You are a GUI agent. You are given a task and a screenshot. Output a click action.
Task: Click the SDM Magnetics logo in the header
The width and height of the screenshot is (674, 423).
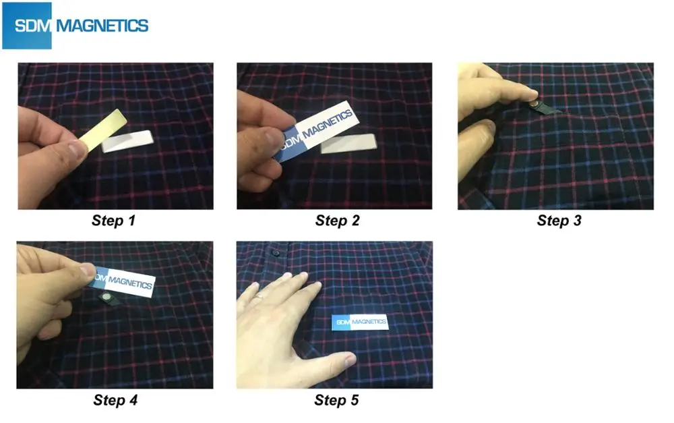75,26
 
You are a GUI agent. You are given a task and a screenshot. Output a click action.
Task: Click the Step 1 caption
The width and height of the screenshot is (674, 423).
113,221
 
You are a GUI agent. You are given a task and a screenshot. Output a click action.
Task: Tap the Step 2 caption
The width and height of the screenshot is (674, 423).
337,221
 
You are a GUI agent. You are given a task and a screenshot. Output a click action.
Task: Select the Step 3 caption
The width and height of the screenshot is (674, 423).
559,221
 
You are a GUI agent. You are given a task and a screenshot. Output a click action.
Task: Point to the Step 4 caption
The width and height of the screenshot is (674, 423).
115,400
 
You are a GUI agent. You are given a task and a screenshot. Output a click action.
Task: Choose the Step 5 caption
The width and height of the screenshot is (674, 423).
336,400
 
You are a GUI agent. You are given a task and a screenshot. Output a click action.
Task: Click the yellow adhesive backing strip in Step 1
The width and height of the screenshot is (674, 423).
103,129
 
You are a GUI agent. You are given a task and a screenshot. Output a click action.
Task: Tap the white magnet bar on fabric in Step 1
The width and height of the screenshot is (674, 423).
127,141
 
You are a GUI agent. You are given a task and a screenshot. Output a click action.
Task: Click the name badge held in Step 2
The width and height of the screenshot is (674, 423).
317,130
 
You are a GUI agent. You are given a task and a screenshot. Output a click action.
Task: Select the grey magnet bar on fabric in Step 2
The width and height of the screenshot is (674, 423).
348,143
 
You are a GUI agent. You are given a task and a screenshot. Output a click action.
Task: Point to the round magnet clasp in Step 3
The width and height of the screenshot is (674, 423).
534,105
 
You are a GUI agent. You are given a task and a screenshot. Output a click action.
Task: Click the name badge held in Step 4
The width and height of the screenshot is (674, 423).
122,282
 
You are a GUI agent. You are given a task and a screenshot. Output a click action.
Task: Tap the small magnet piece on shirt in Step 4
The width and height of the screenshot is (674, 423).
105,296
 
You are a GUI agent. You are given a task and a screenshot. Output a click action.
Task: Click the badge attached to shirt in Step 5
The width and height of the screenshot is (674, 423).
360,322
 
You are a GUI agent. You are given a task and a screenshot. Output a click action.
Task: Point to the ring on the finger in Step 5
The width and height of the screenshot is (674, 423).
260,295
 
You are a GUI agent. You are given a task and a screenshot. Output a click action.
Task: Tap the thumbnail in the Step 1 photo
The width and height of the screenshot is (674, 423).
78,149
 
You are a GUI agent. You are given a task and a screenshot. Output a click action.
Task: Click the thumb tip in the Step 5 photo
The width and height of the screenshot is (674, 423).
349,359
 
